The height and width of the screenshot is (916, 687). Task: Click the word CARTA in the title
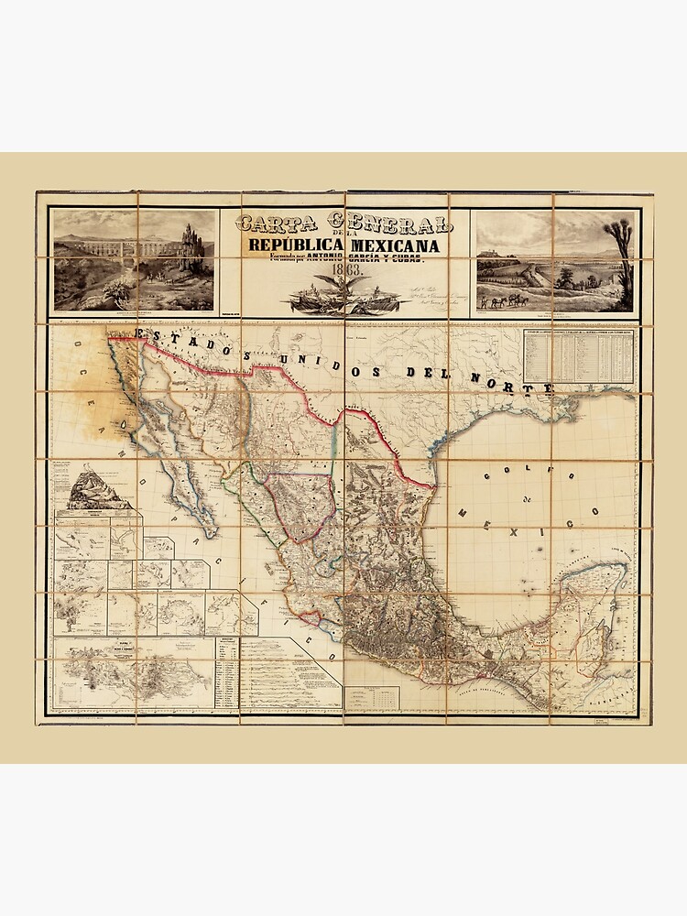point(274,224)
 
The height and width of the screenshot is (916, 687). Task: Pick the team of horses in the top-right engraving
point(507,300)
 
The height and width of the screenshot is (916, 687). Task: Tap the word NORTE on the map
point(523,383)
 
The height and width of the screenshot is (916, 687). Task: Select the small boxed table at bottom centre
point(378,698)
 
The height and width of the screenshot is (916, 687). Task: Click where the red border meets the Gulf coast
point(431,485)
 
